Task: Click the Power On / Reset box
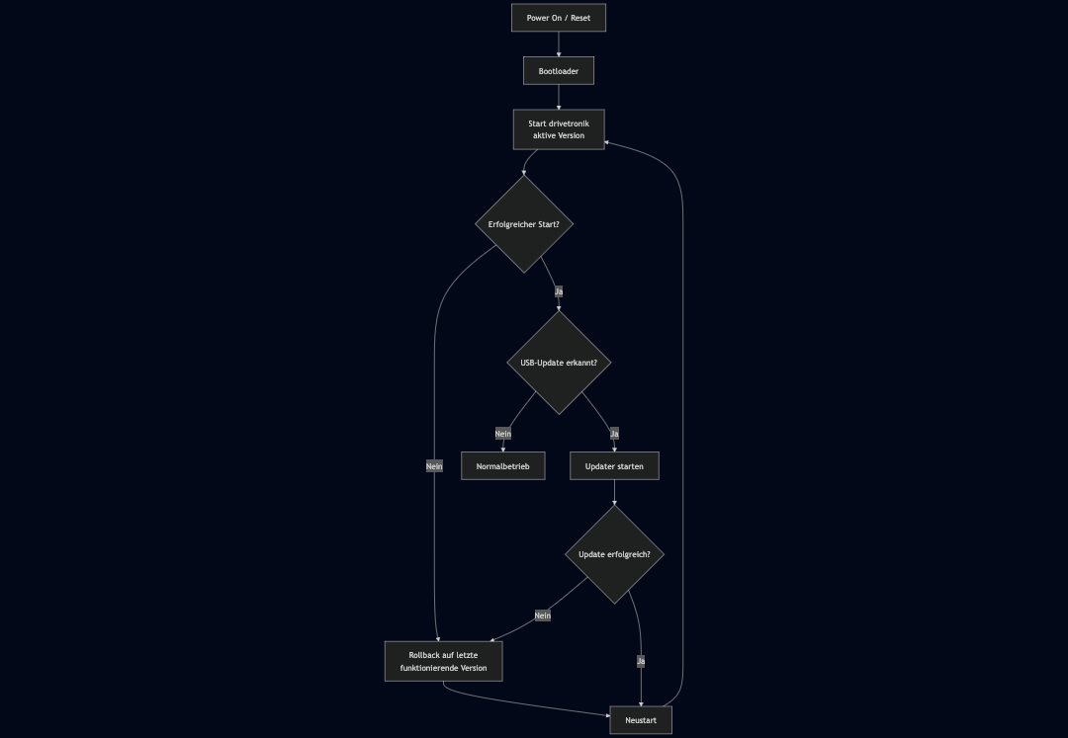pos(559,18)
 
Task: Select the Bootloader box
pos(559,71)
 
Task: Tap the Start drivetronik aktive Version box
pos(559,129)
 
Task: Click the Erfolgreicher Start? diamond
pos(524,224)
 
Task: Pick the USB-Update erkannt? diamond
pos(559,363)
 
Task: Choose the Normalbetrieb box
pos(503,465)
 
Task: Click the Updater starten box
pos(614,465)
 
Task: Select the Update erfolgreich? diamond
pos(614,554)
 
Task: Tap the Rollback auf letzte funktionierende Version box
pos(443,662)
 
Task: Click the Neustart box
pos(641,720)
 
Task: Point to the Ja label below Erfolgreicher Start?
pos(559,291)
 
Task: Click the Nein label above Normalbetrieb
pos(503,434)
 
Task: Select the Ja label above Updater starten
pos(614,434)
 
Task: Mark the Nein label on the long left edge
pos(434,465)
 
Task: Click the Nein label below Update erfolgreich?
pos(542,615)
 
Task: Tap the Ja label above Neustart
pos(641,661)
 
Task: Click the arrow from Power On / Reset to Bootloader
pos(559,43)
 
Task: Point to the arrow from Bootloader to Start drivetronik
pos(559,97)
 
